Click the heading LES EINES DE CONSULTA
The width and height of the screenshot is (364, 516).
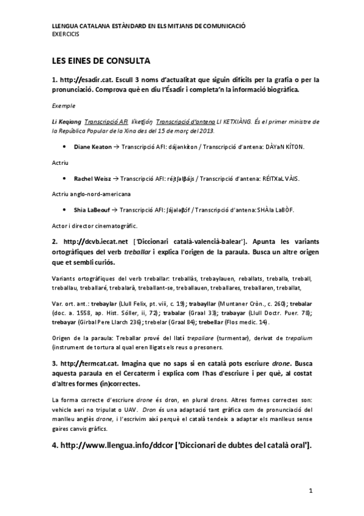coord(100,61)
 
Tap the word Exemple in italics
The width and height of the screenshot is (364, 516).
coord(63,105)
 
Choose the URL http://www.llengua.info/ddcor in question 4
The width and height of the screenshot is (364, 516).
coord(116,446)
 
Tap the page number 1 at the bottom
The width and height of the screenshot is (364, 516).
coord(310,490)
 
